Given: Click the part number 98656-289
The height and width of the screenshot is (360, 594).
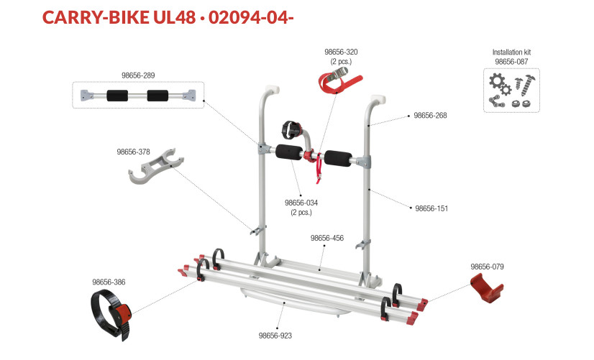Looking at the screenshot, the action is click(x=138, y=75).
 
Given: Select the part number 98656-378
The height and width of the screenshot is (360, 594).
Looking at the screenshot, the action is click(x=133, y=152).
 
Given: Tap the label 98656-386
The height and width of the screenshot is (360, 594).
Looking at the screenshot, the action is click(x=109, y=282).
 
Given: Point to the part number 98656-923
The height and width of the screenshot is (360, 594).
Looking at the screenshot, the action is click(x=275, y=336).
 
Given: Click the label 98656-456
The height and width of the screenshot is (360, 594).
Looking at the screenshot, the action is click(x=327, y=238).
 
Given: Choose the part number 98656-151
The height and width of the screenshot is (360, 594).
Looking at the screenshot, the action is click(x=431, y=208).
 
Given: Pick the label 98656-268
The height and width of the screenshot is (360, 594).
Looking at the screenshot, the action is click(x=430, y=116).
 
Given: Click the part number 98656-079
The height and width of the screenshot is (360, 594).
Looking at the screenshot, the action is click(x=487, y=267).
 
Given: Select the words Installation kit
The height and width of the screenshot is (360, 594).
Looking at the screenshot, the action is click(x=511, y=52).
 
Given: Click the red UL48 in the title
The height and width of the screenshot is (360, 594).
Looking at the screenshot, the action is click(x=175, y=17).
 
